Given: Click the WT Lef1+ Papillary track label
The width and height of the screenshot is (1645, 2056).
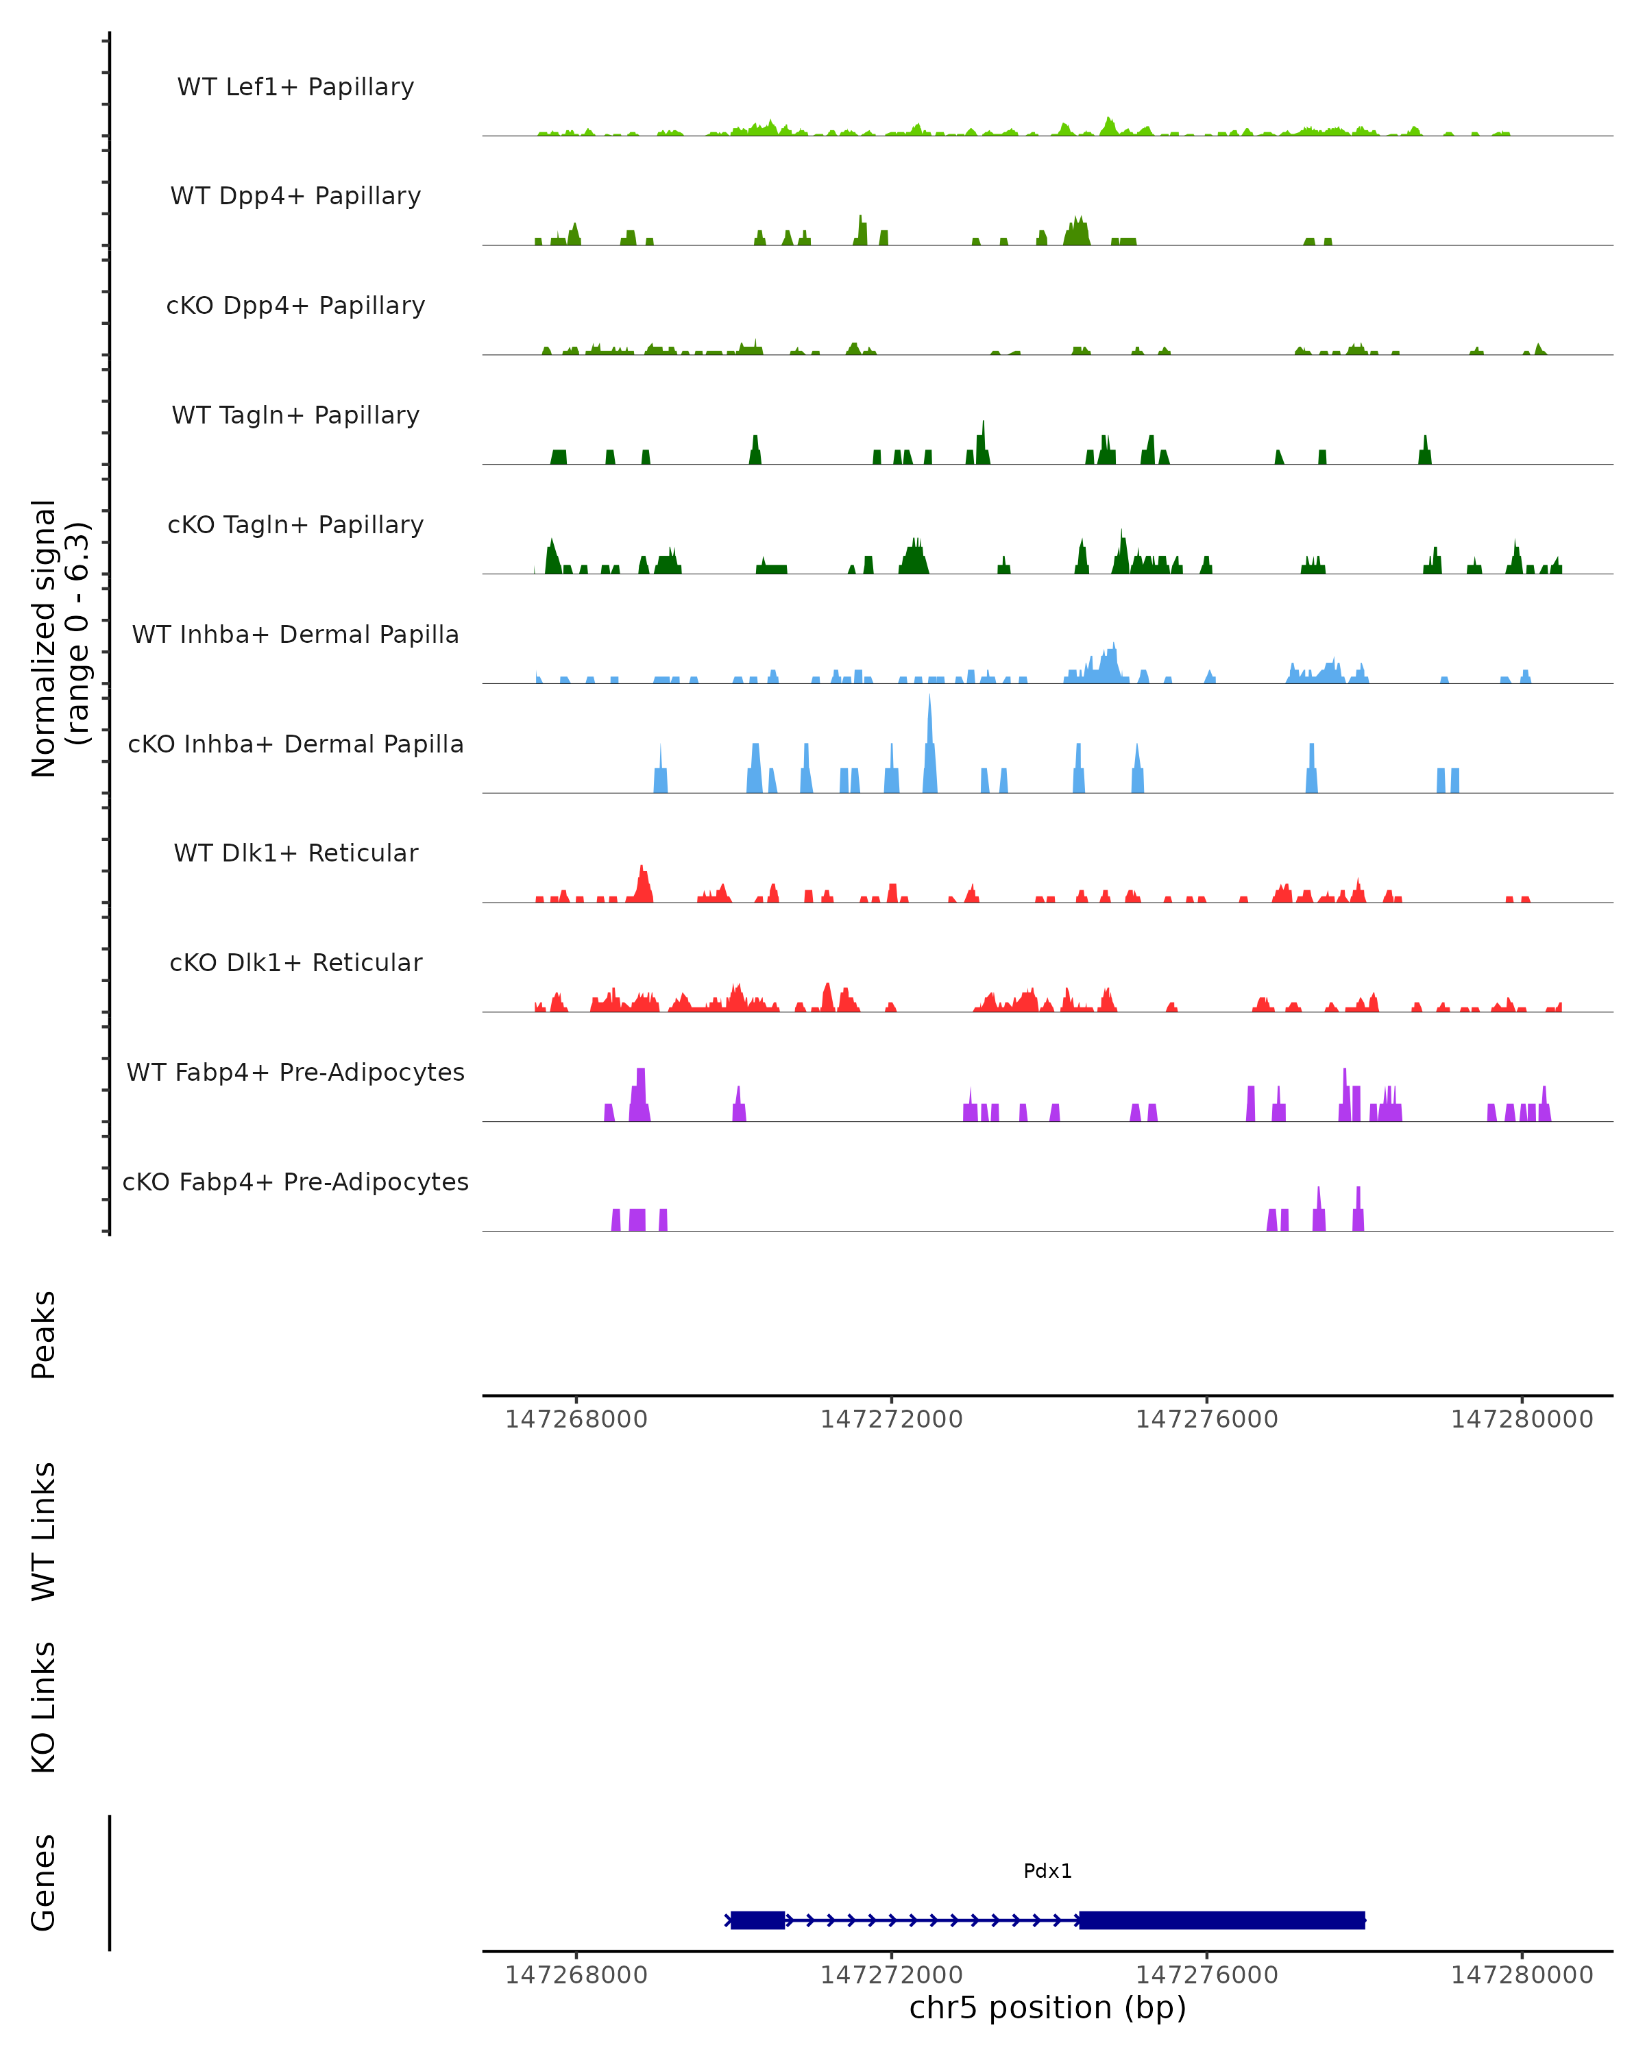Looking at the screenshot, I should [295, 87].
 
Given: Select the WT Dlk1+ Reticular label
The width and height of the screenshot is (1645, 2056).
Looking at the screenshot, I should [295, 853].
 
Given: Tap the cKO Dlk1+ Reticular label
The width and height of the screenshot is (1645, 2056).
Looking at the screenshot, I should [295, 962].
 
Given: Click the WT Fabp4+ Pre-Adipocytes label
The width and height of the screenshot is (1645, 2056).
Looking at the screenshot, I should [295, 1072].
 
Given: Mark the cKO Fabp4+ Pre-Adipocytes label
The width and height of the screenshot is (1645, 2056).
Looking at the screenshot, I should [295, 1182].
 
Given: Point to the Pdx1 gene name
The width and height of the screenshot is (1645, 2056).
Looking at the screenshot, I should [1047, 1871].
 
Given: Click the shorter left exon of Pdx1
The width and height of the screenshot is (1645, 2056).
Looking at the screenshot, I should [758, 1920].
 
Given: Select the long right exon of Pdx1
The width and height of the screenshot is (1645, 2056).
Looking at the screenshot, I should [1221, 1920].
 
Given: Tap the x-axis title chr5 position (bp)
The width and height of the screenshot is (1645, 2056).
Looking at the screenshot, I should [1047, 2007].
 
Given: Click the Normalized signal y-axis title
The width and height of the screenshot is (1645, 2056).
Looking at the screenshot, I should [59, 638].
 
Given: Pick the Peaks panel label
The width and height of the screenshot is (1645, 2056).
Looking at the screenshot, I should [44, 1335].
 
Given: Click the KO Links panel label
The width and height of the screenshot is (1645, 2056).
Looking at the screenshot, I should [44, 1707].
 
